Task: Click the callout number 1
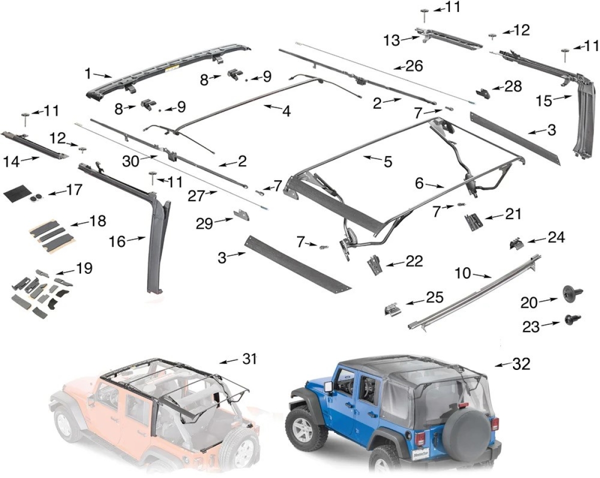click(x=88, y=74)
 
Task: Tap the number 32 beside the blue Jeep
click(x=521, y=364)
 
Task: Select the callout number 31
click(x=249, y=359)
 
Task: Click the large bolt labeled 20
click(x=569, y=293)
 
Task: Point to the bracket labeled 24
click(x=516, y=243)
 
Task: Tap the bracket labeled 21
click(x=473, y=222)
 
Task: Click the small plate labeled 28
click(x=483, y=93)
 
